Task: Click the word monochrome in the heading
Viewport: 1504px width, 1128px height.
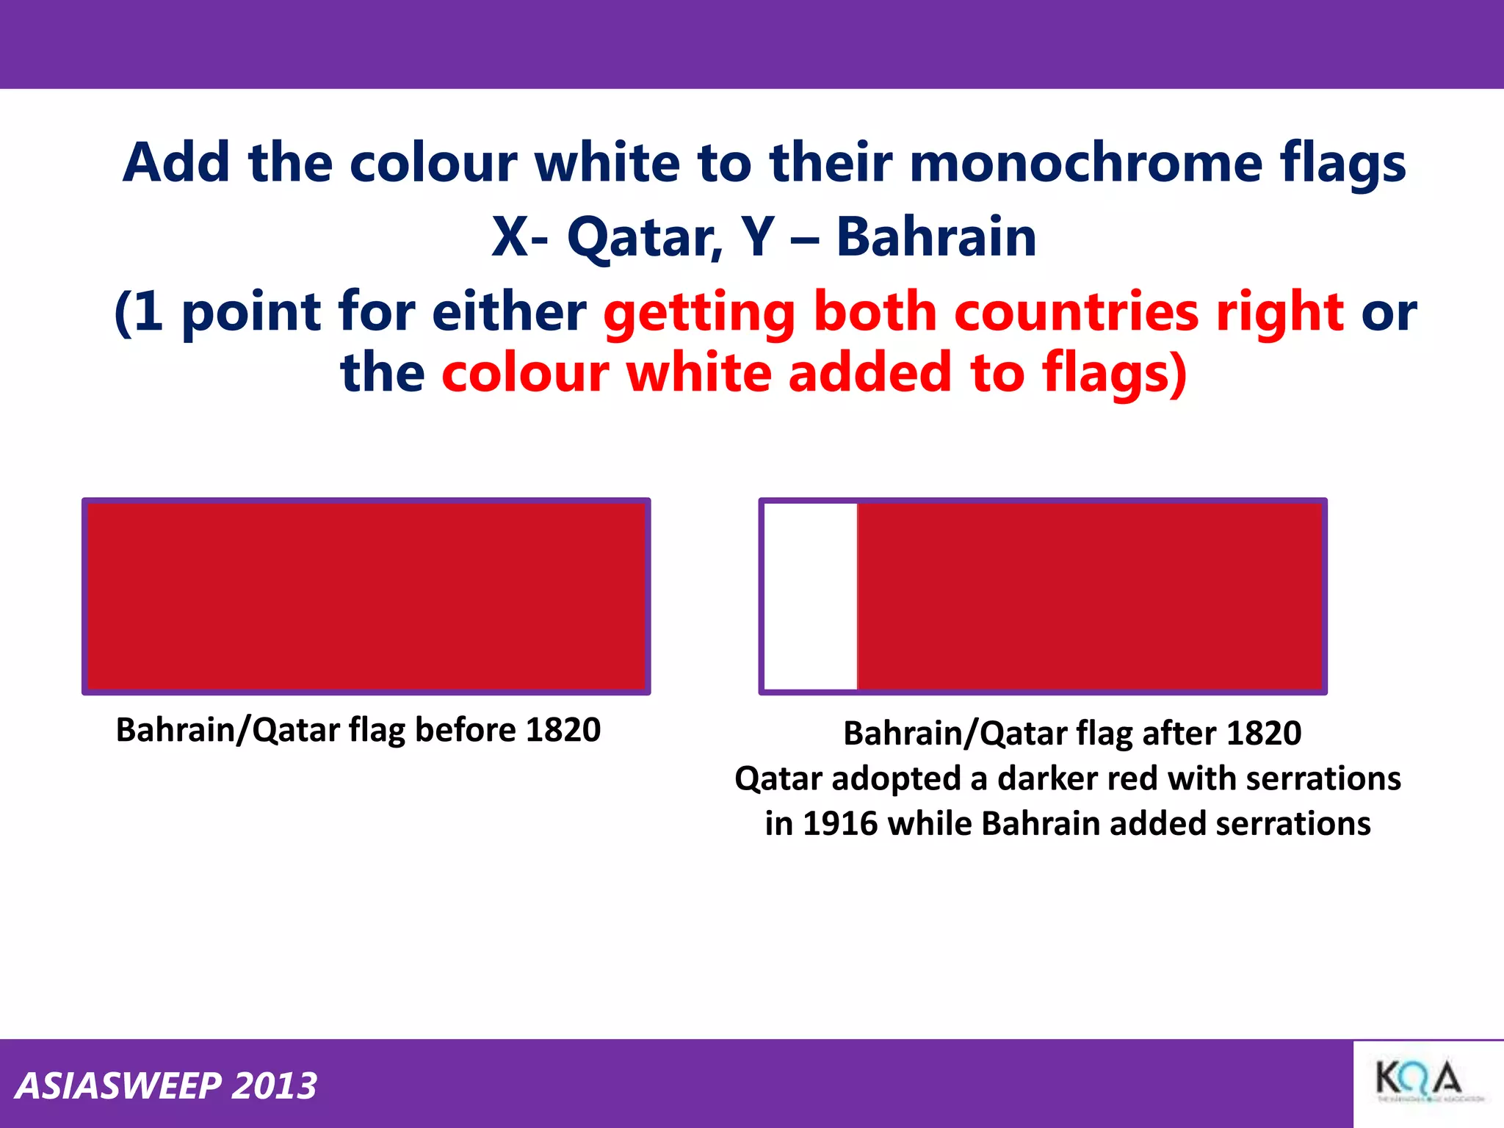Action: [1085, 162]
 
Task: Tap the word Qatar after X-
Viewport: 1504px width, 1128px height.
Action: [645, 238]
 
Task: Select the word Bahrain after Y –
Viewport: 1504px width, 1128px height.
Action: [936, 238]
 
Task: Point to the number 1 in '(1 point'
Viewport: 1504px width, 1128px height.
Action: [148, 311]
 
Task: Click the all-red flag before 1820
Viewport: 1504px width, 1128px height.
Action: [366, 596]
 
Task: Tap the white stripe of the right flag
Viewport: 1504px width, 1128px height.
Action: [811, 596]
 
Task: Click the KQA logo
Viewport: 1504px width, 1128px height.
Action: [1419, 1082]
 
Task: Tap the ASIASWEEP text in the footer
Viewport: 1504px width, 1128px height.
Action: [117, 1085]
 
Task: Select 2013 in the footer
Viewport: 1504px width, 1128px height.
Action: [274, 1085]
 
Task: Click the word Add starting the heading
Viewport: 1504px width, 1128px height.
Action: [176, 162]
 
